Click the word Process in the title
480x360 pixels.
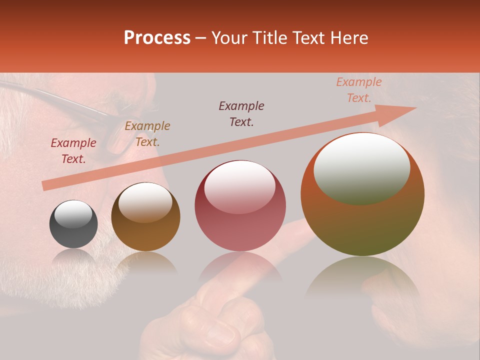point(157,38)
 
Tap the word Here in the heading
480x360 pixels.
point(348,38)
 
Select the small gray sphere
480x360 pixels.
point(73,224)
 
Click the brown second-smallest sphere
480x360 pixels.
point(145,216)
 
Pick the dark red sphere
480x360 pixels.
point(240,206)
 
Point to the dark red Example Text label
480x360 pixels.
point(73,151)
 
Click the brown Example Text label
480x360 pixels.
point(147,134)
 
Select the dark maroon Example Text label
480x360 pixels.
point(241,113)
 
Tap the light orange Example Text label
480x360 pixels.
point(359,90)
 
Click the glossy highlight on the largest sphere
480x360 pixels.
point(361,168)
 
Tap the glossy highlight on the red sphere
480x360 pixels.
point(239,186)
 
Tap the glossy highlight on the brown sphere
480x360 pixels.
point(145,202)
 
